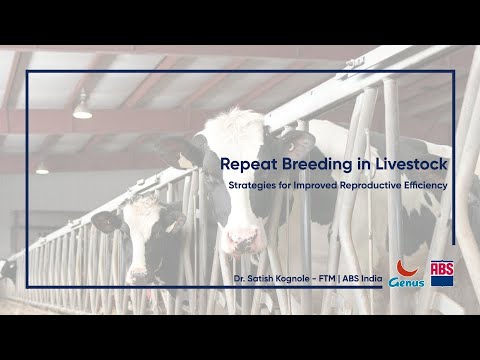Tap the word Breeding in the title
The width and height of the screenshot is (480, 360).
[310, 161]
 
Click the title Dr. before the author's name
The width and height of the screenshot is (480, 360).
[239, 277]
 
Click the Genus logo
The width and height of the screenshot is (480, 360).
[407, 274]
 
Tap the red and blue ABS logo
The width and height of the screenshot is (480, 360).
[441, 273]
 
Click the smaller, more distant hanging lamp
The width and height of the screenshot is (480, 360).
[42, 168]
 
